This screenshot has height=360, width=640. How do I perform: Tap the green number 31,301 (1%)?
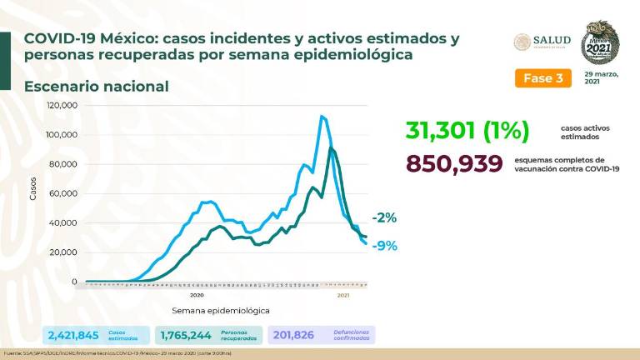tap(468, 131)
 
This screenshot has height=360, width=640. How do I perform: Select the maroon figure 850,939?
tap(454, 163)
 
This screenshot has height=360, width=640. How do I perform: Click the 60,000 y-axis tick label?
tap(64, 193)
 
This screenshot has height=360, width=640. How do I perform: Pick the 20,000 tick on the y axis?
tap(64, 252)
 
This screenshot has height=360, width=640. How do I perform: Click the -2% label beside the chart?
tap(385, 217)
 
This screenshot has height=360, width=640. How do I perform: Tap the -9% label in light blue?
tap(385, 246)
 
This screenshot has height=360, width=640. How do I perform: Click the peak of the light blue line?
tap(322, 116)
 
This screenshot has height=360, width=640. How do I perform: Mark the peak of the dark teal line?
tap(331, 148)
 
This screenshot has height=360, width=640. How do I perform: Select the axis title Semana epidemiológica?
tap(221, 310)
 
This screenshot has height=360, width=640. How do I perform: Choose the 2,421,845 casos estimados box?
tap(97, 334)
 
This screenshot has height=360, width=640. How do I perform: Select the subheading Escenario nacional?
tap(96, 86)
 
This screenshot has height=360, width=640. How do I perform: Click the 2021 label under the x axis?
tap(342, 295)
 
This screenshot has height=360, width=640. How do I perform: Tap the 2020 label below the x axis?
tap(197, 295)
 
